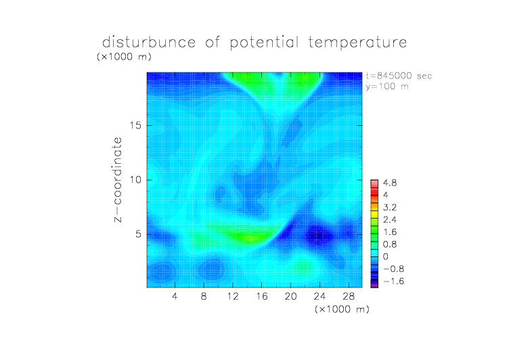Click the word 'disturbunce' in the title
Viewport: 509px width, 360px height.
coord(149,42)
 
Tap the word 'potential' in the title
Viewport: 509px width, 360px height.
coord(264,43)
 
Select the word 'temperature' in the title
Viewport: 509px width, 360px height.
coord(357,43)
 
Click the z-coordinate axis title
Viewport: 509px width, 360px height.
coord(118,179)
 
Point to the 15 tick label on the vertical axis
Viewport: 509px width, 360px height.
coord(135,125)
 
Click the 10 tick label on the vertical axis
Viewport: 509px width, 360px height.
coord(135,180)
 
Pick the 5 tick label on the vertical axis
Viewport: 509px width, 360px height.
coord(139,234)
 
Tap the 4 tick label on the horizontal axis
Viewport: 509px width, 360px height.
coord(175,296)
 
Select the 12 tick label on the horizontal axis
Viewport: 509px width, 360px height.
coord(233,296)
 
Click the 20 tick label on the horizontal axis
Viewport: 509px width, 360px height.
coord(290,296)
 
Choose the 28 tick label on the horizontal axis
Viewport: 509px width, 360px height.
coord(349,296)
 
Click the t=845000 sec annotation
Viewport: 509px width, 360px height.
coord(399,76)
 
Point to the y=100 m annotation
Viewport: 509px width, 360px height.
coord(387,87)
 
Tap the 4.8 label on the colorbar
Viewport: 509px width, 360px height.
coord(390,183)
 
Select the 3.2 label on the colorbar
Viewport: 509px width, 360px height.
coord(390,208)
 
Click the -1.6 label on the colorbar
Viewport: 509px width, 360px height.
coord(393,281)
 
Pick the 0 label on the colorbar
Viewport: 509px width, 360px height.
coord(386,256)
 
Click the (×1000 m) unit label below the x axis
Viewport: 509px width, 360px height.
coord(342,309)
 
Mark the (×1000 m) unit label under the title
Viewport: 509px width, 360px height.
coord(124,57)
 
